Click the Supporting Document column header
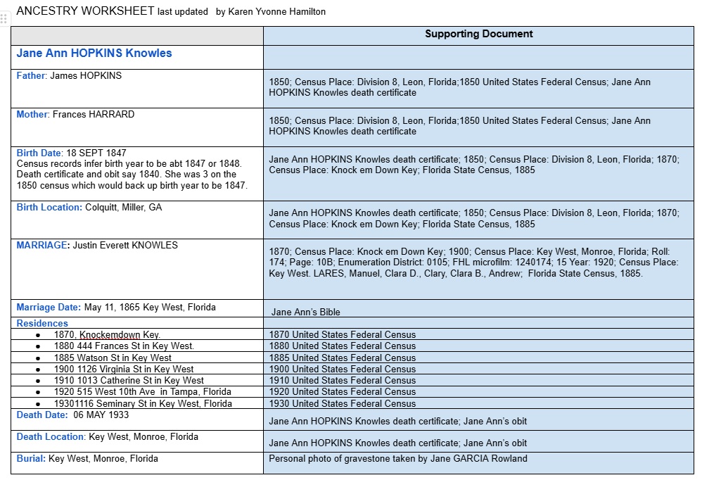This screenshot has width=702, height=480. tap(478, 34)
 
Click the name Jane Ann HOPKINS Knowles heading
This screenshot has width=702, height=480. tap(94, 53)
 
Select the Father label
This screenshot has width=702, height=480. tap(31, 76)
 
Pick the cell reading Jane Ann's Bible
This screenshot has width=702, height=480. tap(306, 312)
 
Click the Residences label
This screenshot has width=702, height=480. tap(42, 324)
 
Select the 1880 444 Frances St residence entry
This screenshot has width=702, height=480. tap(124, 346)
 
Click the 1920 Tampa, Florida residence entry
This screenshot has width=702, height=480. tap(142, 392)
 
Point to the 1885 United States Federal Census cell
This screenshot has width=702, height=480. tap(342, 358)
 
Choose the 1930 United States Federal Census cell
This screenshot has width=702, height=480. tap(342, 403)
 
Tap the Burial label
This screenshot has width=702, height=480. tap(31, 459)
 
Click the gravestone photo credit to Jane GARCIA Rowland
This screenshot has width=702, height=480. tap(397, 459)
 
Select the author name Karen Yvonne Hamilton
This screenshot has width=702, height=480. tap(276, 12)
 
